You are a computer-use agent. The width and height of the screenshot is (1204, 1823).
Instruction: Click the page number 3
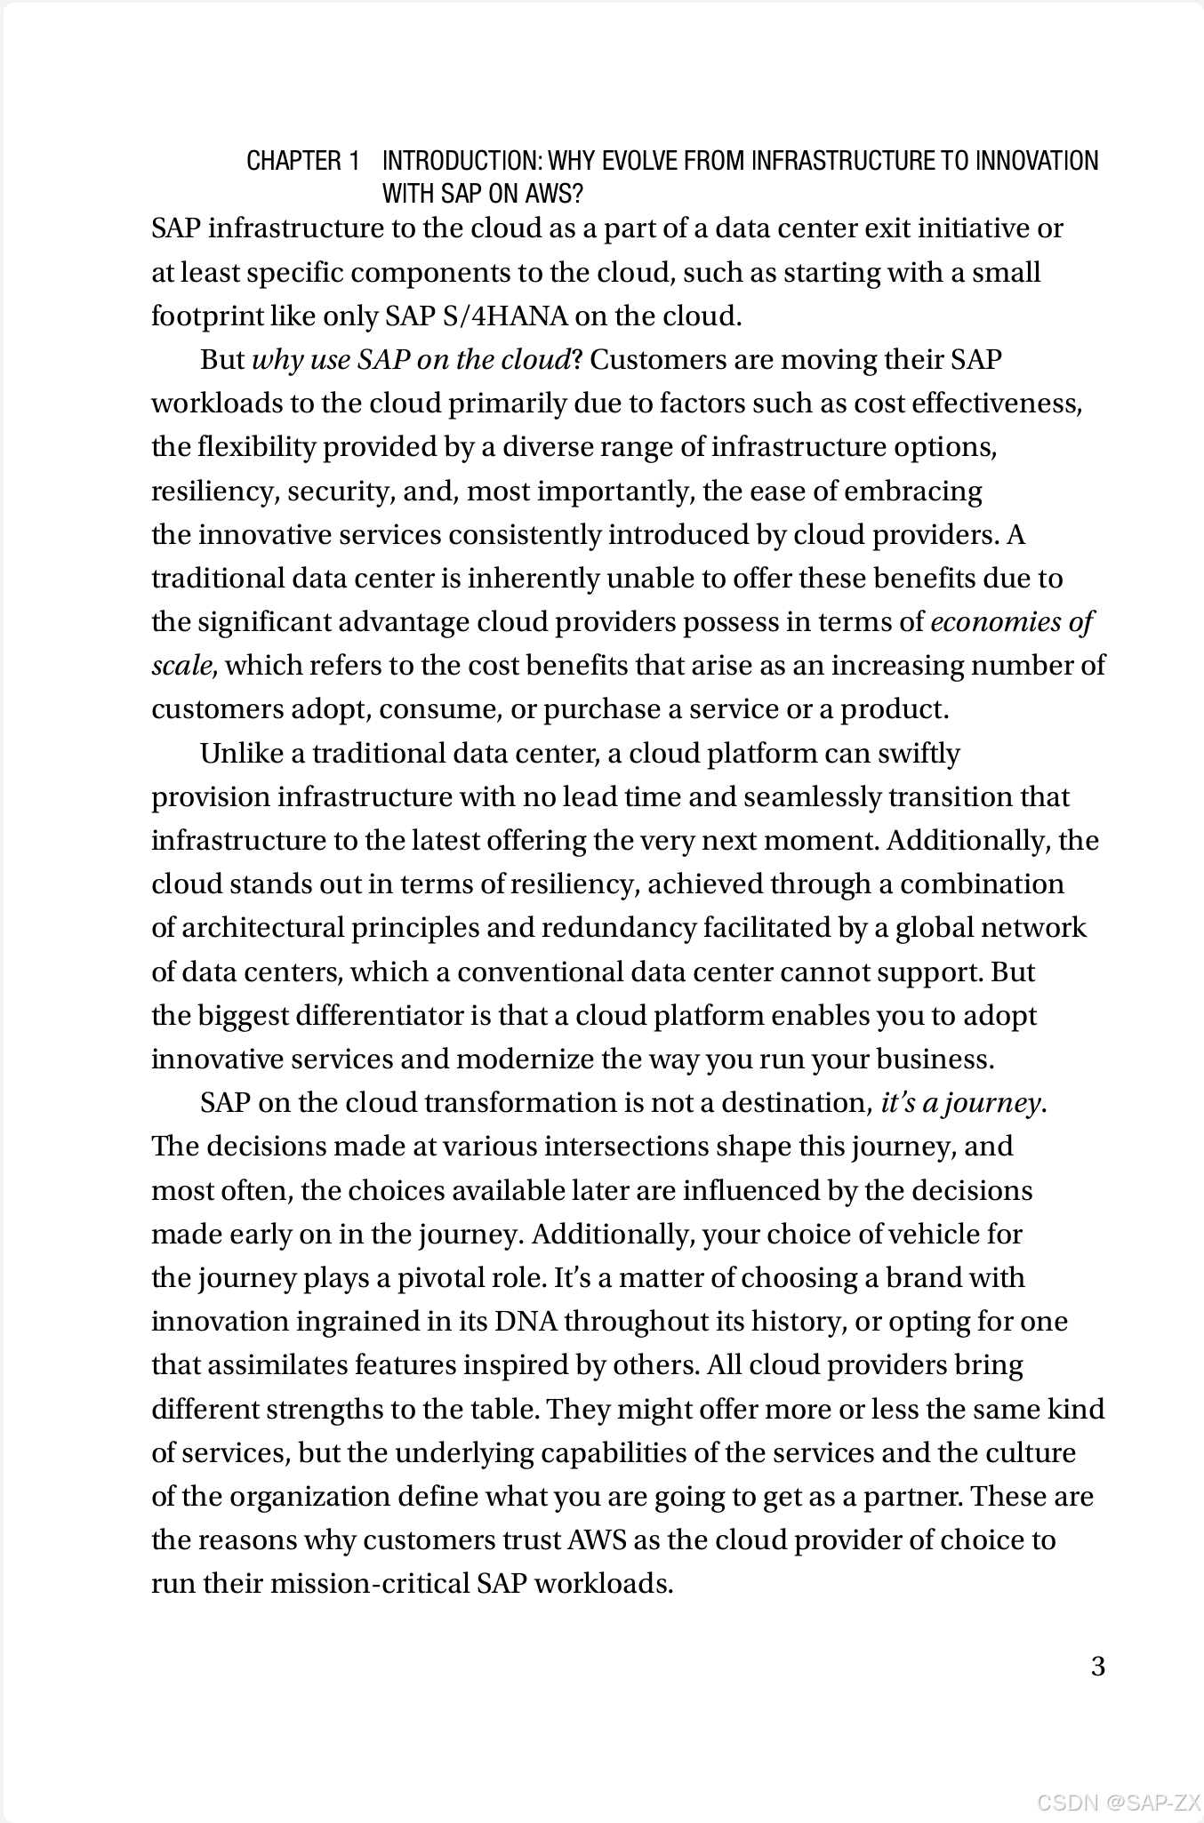(x=1097, y=1666)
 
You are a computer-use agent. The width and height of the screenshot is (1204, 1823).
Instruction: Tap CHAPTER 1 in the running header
(x=303, y=161)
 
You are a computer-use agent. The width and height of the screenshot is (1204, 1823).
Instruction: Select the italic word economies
(x=995, y=622)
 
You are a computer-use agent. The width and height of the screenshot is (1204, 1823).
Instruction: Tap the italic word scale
(x=181, y=666)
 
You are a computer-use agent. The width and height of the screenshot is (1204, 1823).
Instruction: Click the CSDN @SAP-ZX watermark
(x=1118, y=1802)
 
